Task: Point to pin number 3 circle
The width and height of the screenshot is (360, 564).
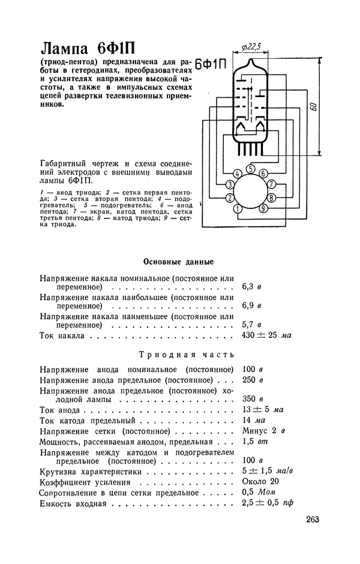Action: [x=230, y=184]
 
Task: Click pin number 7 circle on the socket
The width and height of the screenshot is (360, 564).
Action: [x=271, y=184]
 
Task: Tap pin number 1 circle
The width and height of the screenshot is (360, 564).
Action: [x=238, y=209]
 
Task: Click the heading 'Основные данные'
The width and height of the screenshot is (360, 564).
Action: [x=179, y=262]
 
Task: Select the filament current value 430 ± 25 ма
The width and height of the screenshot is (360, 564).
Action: [x=266, y=335]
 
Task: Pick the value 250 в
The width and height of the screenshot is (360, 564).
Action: [x=253, y=380]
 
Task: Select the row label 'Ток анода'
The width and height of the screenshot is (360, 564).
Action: [x=60, y=410]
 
